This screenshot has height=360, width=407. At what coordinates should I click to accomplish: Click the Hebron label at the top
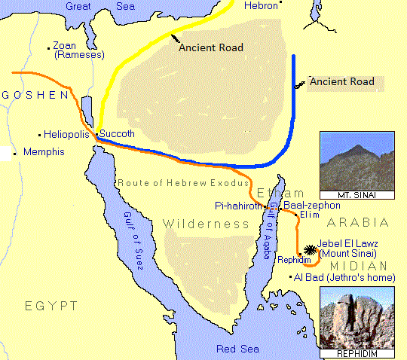click(x=262, y=5)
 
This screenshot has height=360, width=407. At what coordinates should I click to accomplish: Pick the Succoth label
click(x=117, y=133)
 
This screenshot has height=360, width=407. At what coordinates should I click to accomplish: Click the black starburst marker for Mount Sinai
click(x=310, y=250)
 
